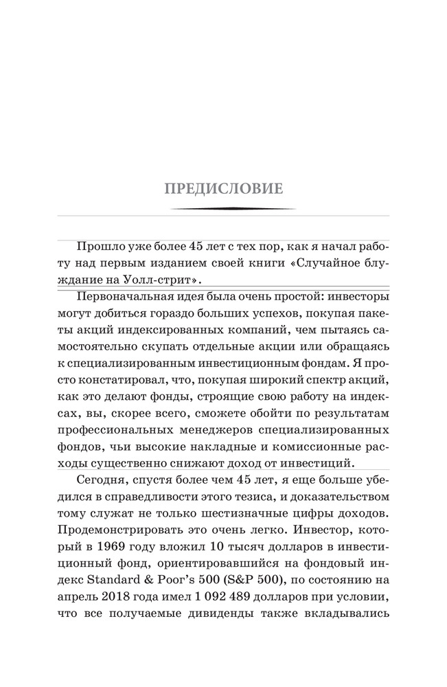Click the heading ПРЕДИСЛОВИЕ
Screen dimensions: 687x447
(223, 188)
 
